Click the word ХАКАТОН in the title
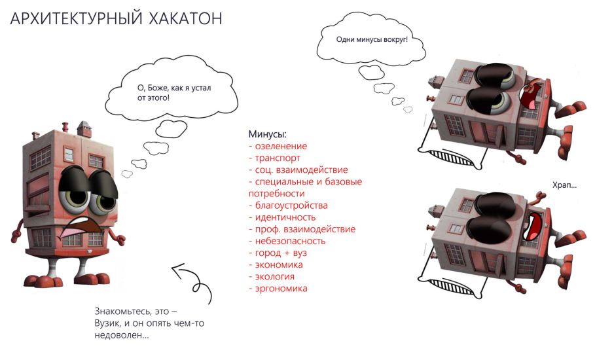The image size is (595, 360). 185,18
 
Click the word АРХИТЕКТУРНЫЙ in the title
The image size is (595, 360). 77,18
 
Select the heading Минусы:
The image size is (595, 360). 268,134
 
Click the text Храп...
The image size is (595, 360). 562,185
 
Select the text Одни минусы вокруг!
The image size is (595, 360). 372,39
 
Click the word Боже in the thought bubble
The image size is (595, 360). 158,88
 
